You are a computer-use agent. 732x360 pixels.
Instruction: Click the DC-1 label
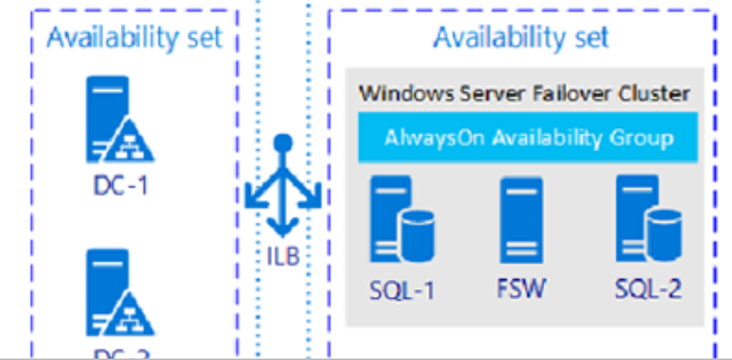[120, 185]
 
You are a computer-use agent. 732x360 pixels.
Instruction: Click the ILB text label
[283, 256]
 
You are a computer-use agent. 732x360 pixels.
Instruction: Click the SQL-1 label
[401, 290]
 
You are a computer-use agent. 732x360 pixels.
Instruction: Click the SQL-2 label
[648, 289]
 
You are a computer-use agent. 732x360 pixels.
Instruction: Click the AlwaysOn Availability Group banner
[528, 137]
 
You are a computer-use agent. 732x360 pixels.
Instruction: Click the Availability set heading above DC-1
[134, 38]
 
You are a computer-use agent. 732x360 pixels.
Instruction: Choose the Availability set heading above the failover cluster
[520, 38]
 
